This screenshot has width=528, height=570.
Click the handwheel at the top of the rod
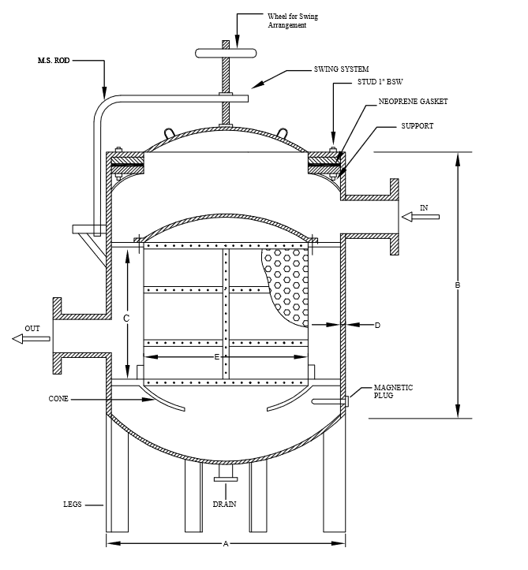click(226, 53)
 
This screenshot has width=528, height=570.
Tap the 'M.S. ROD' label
click(54, 61)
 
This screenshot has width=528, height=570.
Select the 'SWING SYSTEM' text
click(341, 69)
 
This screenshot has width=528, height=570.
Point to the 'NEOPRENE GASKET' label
click(413, 102)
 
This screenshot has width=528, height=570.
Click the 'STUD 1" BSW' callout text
click(380, 82)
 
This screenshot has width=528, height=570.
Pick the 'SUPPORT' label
click(417, 126)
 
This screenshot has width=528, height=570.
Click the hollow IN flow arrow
click(421, 217)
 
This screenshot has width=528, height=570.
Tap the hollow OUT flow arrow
click(31, 339)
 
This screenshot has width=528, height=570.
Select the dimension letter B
click(458, 285)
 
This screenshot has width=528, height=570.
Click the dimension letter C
click(126, 319)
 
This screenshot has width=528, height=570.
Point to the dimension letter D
click(377, 326)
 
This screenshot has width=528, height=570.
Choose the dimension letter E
click(217, 357)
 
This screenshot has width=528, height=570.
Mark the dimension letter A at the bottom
click(226, 544)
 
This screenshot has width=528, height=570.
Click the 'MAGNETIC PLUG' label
click(393, 392)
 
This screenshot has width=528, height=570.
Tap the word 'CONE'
click(58, 399)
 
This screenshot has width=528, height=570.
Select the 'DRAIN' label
click(224, 505)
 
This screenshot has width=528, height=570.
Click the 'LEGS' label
click(73, 505)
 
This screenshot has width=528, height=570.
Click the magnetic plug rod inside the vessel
click(328, 401)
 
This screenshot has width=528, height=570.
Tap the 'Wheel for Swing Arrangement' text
click(293, 20)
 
